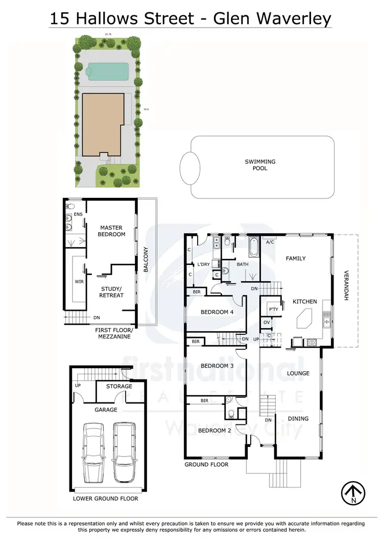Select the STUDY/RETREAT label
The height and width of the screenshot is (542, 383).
112,291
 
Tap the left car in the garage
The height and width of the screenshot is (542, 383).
93,451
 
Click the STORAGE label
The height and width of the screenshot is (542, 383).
119,387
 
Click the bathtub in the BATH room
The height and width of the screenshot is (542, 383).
253,247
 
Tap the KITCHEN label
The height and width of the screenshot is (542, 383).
305,302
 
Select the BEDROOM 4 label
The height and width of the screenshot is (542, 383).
217,312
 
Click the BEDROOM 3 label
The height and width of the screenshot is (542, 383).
217,366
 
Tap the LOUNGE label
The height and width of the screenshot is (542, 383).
298,373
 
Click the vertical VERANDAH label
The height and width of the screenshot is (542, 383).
346,285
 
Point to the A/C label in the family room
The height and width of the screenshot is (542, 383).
270,242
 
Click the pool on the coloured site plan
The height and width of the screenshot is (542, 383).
107,71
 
